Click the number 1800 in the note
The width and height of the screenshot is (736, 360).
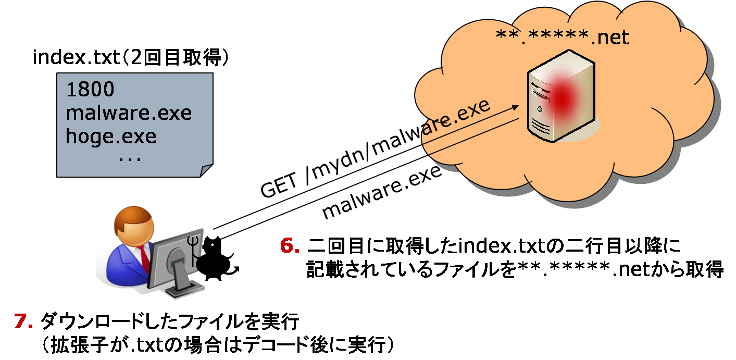click(90, 90)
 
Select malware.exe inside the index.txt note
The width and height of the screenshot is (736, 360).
click(129, 113)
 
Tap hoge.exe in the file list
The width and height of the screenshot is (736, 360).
click(111, 136)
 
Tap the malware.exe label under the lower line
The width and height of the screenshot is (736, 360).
click(382, 193)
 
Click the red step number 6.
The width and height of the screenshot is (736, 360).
click(288, 246)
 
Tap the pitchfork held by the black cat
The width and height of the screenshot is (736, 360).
click(194, 250)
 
